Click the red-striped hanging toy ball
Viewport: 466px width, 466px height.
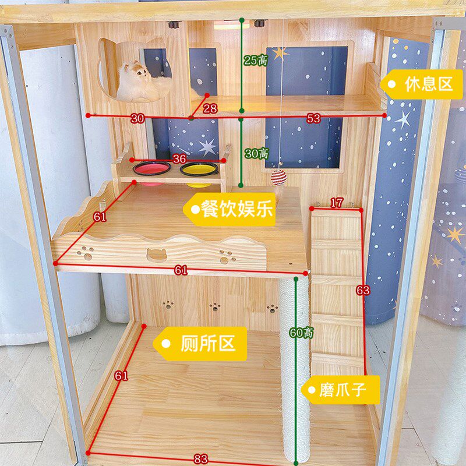pos(279,177)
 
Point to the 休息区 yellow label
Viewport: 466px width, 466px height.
pos(421,84)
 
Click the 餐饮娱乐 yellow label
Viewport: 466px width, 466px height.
pos(230,209)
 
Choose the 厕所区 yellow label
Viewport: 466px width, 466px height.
pos(200,344)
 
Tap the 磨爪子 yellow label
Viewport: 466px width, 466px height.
pos(340,390)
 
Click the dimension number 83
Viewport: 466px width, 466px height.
pos(201,459)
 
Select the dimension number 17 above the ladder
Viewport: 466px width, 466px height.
pos(337,203)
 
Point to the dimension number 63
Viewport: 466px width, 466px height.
pos(363,290)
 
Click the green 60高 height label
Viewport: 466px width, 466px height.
pos(301,333)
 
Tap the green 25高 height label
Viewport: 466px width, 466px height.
pos(256,61)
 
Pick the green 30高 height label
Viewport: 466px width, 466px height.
pos(256,153)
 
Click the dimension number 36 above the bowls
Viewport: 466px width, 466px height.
pos(179,158)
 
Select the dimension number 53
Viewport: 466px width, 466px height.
pos(313,118)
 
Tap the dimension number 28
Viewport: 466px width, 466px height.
pos(210,108)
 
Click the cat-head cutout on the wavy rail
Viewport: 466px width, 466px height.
pos(157,255)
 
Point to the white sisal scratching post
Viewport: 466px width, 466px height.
pos(295,368)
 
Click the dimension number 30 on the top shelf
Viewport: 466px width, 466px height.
pos(137,118)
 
